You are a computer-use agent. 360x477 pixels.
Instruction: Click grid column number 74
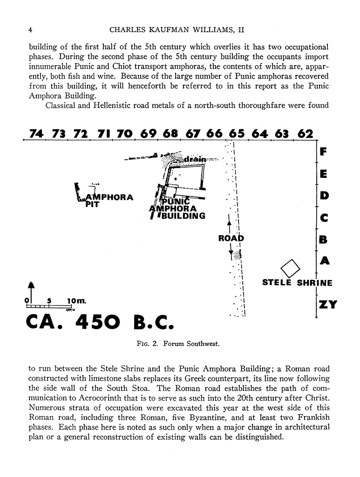click(36, 134)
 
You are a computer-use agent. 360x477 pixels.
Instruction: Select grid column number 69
click(148, 134)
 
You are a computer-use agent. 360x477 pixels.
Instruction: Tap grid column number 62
click(305, 134)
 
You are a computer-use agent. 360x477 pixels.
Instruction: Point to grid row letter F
click(324, 152)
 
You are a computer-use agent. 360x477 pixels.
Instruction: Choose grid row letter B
click(324, 240)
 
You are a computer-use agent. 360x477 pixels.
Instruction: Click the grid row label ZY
click(328, 305)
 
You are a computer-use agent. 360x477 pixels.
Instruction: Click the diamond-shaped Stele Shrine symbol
click(291, 269)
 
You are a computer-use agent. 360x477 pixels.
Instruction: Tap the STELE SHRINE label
click(297, 282)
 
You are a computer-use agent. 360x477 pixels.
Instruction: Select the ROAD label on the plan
click(231, 238)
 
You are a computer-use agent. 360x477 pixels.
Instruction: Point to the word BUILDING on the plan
click(183, 216)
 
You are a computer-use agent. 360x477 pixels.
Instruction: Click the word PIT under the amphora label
click(92, 204)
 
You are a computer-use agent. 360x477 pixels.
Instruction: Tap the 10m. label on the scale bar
click(76, 300)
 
